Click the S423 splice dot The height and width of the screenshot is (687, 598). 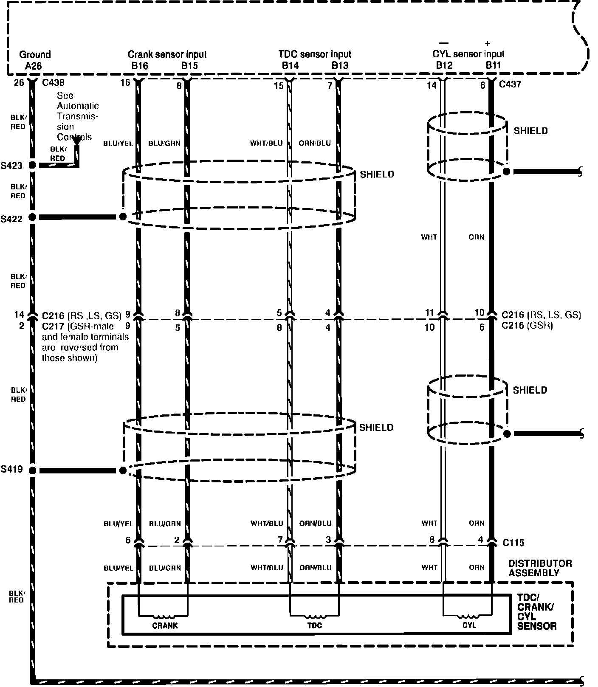point(32,165)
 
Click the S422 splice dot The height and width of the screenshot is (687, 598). point(32,217)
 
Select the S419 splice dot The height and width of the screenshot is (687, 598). point(32,470)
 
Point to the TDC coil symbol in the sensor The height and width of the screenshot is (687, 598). point(314,617)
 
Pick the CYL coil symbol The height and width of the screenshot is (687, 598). point(468,617)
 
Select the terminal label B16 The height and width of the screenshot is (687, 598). point(140,66)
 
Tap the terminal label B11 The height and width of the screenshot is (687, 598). point(494,65)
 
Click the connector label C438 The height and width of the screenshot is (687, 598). point(54,83)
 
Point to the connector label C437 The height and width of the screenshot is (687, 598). point(510,84)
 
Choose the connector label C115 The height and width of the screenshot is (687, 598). point(513,543)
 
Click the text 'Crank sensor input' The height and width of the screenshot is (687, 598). point(167,54)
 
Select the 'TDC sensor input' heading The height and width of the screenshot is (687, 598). point(315,54)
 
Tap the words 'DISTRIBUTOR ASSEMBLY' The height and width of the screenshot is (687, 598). point(540,568)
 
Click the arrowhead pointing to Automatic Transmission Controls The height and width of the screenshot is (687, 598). point(77,152)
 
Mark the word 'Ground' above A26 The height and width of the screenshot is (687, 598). point(35,54)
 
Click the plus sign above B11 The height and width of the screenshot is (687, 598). point(487,43)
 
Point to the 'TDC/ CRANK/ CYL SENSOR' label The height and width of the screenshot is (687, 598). point(536,611)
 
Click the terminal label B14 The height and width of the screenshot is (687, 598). point(290,66)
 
